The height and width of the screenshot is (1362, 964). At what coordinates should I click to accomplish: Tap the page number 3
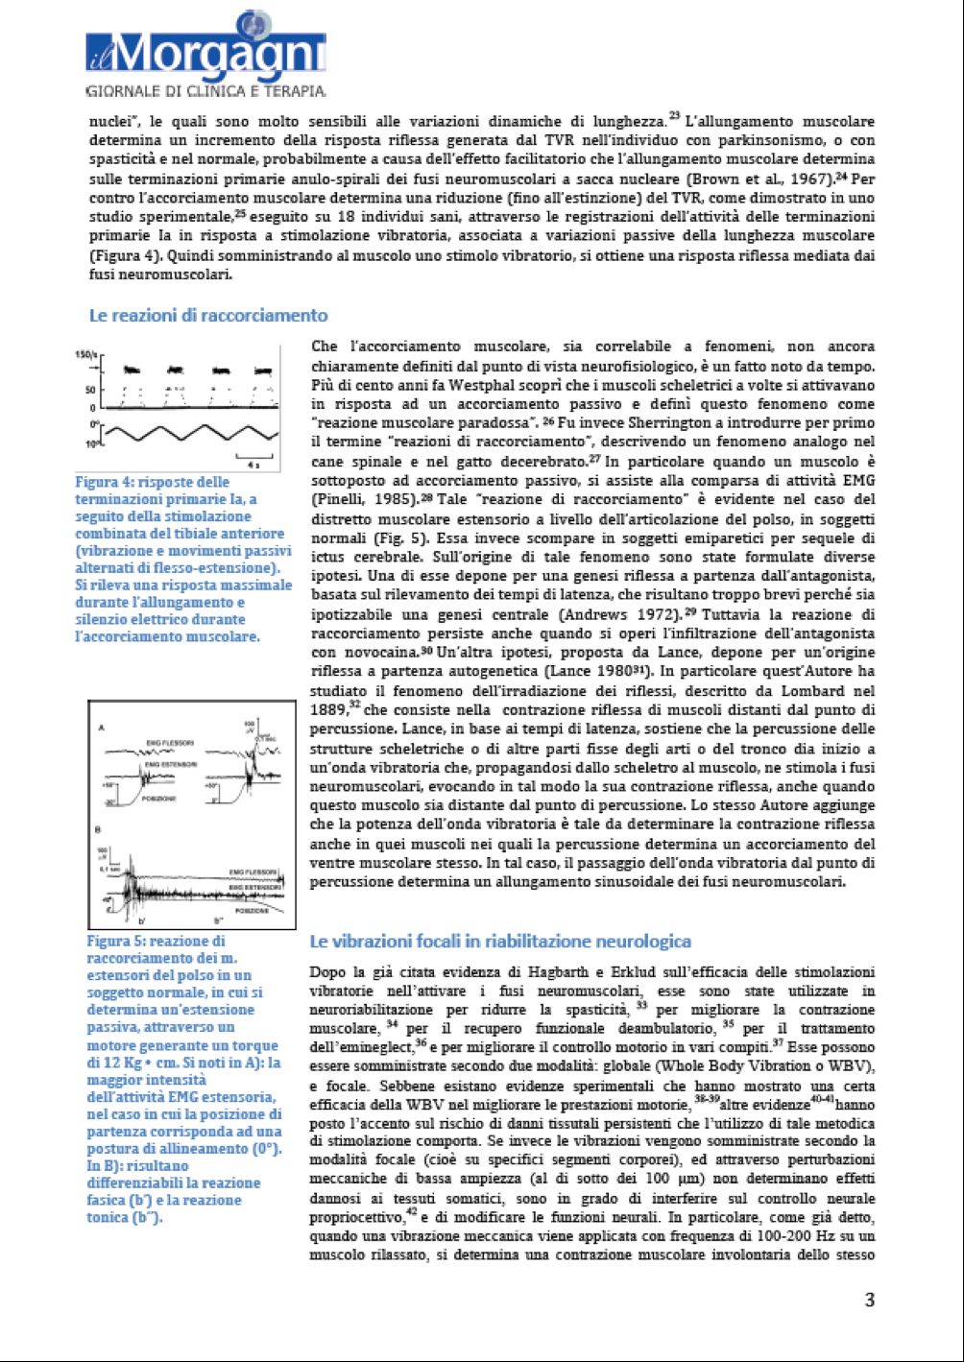coord(870,1300)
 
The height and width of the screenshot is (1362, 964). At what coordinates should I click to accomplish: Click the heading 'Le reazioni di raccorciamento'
coord(207,315)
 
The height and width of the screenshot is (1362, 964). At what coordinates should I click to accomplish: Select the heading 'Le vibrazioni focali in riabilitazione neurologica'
coord(499,941)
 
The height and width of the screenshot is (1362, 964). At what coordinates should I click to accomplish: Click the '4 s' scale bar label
coord(251,464)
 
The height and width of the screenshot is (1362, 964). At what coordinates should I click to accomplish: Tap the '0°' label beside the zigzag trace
coord(93,423)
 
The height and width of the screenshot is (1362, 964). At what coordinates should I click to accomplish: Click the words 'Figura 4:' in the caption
coord(105,482)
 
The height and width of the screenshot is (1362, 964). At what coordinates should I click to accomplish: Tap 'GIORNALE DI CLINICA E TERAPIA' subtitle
coord(205,91)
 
